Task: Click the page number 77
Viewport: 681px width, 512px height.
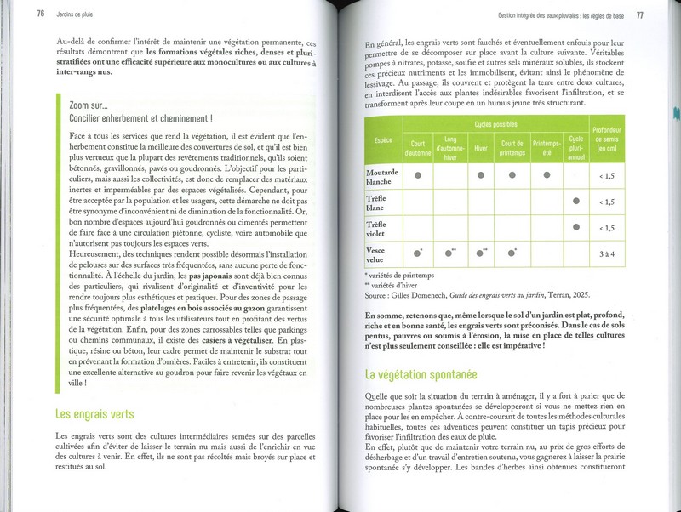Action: (x=639, y=15)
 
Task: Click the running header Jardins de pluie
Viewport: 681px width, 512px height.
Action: (x=77, y=12)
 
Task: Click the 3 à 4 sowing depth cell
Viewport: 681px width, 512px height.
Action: (x=606, y=253)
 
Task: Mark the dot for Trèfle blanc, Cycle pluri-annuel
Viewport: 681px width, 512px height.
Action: (x=576, y=202)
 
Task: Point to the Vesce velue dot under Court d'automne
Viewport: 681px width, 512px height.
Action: (x=418, y=253)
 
